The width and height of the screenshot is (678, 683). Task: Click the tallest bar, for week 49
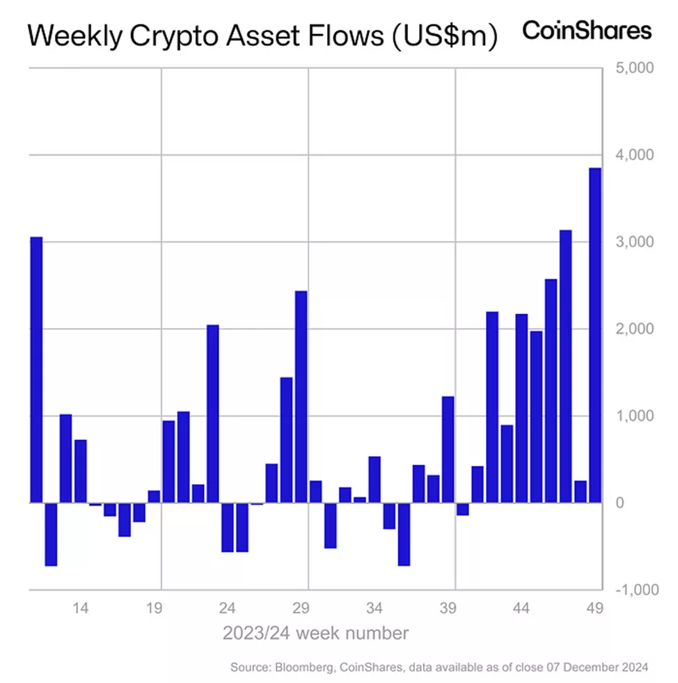point(595,334)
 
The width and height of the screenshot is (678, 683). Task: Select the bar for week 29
point(301,396)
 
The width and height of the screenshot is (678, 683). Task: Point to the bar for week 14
point(81,471)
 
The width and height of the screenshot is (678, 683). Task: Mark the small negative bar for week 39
point(463,509)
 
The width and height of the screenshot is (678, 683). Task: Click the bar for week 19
point(154,496)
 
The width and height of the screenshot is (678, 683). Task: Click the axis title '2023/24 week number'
point(315,634)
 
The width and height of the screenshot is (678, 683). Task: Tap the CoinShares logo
point(587,31)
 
